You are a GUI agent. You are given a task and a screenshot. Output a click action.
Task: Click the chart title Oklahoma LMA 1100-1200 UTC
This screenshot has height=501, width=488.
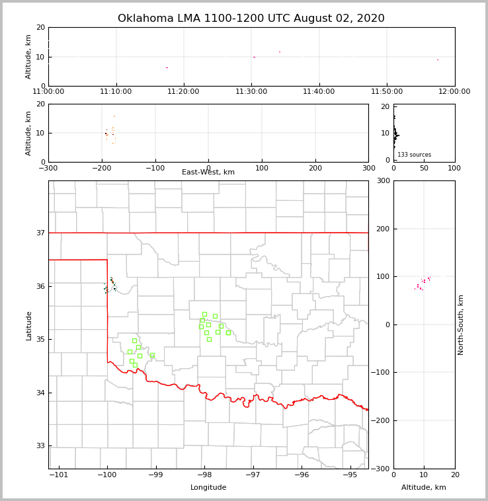(x=251, y=19)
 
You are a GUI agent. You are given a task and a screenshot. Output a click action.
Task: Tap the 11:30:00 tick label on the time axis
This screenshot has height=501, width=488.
(x=251, y=92)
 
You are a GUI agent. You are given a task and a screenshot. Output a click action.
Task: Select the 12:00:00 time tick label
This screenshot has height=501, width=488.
(x=454, y=92)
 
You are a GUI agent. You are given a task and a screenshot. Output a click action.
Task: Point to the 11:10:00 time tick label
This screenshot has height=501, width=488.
(x=116, y=92)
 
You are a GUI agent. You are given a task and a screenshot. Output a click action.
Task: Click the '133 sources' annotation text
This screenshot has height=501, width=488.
(x=414, y=155)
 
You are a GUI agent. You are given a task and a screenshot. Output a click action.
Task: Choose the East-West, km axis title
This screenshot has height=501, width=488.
(x=208, y=173)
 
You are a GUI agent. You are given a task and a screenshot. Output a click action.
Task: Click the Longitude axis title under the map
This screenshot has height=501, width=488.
(x=208, y=488)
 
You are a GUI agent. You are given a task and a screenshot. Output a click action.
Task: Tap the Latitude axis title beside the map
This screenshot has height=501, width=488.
(x=28, y=325)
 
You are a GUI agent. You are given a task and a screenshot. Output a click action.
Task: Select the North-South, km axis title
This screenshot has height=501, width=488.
(x=461, y=325)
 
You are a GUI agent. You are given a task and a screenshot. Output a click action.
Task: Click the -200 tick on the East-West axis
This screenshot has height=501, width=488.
(x=102, y=168)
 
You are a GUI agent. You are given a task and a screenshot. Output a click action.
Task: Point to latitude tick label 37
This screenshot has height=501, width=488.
(x=40, y=233)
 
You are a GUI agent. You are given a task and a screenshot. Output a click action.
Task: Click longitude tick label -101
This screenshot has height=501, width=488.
(x=59, y=475)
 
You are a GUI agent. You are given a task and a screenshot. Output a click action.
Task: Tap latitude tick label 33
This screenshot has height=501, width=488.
(x=40, y=446)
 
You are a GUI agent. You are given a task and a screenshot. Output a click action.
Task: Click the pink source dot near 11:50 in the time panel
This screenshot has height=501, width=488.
(x=437, y=59)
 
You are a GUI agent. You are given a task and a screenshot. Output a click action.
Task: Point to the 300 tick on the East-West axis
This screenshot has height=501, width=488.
(x=368, y=168)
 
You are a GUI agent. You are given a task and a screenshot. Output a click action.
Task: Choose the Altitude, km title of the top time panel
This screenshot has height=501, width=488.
(x=28, y=56)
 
